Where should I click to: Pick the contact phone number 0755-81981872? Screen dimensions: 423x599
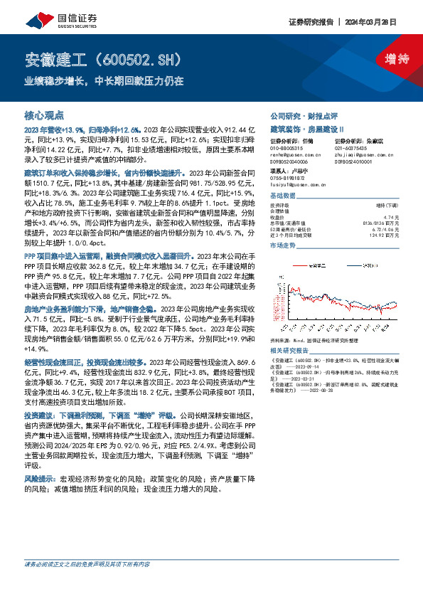[287, 178]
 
